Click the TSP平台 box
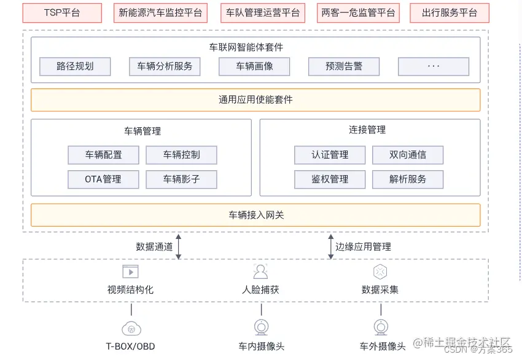tap(61, 13)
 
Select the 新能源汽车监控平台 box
tap(160, 13)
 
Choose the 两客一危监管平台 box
tap(358, 13)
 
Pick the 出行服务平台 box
tap(450, 13)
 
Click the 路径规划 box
tap(75, 66)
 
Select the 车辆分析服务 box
tap(165, 66)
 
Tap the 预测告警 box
tap(344, 66)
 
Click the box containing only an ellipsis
tap(434, 66)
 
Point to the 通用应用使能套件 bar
tap(255, 100)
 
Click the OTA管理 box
tap(103, 179)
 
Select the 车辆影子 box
tap(181, 179)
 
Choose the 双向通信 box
tap(408, 155)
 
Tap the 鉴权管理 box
tap(330, 179)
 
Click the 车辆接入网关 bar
tap(255, 215)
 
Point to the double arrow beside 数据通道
tap(179, 246)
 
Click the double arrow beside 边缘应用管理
tap(330, 246)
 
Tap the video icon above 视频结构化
tap(130, 272)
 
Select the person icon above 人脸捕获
tap(260, 272)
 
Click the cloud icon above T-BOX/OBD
tap(131, 327)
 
